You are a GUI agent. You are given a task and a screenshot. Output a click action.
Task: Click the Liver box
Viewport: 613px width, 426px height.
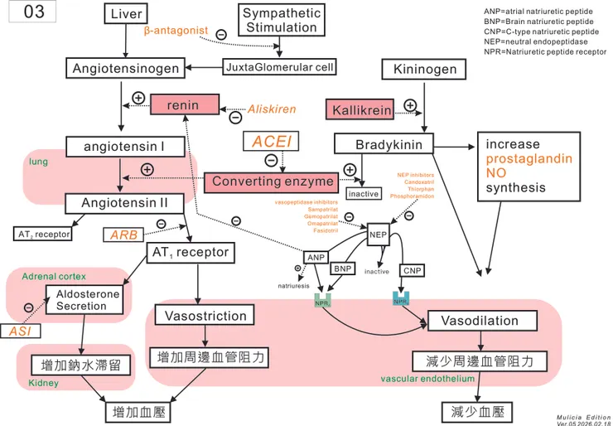[x=126, y=14]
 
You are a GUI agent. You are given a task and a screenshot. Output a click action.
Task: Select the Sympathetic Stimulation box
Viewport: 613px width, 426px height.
[x=282, y=19]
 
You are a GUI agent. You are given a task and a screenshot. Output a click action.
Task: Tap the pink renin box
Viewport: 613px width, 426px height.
[x=183, y=106]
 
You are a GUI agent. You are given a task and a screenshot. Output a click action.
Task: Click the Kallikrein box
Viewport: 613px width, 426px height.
[x=363, y=109]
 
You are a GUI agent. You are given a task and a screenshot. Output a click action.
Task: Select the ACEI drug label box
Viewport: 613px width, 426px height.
[x=270, y=142]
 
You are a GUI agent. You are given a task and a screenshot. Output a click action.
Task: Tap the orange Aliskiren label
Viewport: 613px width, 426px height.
[x=273, y=109]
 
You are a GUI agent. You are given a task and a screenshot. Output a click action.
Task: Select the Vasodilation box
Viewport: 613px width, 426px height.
[x=480, y=321]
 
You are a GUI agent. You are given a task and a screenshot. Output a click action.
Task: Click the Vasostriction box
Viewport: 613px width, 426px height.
[x=205, y=316]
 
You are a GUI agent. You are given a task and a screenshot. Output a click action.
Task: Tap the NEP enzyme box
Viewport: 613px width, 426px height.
[x=379, y=234]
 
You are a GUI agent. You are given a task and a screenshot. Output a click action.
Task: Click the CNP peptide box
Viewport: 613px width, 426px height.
[x=412, y=270]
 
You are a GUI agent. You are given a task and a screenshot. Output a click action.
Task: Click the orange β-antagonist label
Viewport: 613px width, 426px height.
[x=176, y=31]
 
